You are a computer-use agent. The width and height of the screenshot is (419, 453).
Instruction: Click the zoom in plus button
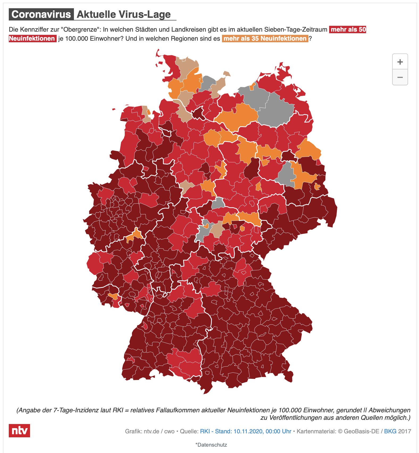400,62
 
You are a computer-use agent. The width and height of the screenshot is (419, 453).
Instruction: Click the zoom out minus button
400,77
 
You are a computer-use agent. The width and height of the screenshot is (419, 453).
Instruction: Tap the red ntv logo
19,430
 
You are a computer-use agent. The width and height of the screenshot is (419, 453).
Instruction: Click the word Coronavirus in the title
41,14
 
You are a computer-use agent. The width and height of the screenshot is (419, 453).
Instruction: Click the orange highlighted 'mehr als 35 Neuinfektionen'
265,39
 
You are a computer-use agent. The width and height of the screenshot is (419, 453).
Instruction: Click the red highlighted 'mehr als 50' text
348,30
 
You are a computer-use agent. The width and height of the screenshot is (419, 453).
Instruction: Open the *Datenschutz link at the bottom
211,445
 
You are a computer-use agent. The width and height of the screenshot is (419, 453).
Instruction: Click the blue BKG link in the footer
390,431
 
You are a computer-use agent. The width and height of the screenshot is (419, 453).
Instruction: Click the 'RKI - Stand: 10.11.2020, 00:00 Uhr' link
245,431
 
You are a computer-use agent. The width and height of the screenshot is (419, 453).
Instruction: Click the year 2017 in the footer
405,431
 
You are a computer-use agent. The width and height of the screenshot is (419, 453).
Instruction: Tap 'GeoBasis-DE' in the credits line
361,431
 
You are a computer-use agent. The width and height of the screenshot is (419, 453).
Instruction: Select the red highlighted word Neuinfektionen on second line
32,39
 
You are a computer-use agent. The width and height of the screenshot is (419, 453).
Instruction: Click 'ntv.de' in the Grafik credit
151,431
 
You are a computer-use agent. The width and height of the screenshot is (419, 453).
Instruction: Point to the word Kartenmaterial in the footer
315,431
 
